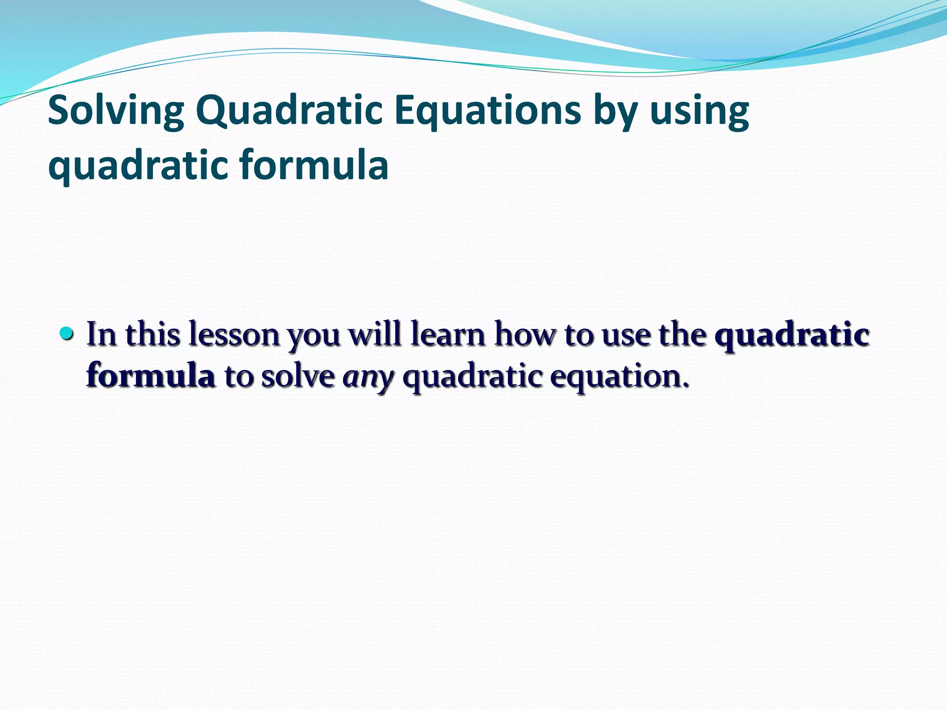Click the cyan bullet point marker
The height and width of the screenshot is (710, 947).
[x=67, y=333]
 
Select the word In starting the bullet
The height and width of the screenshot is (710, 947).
[x=101, y=334]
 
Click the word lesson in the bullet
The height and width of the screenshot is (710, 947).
[x=234, y=334]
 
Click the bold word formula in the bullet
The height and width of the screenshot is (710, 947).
[x=151, y=375]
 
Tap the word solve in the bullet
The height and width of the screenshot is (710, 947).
[x=298, y=375]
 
